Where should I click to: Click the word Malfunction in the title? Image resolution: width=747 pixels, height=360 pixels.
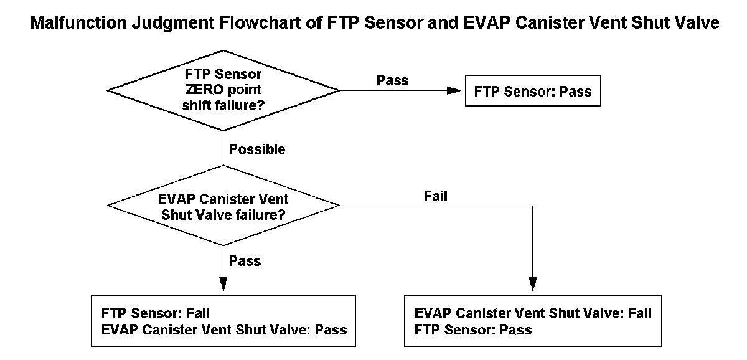point(78,22)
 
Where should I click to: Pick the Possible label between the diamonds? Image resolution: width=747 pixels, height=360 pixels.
point(257,149)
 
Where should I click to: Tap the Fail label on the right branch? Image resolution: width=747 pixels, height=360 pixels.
point(436,196)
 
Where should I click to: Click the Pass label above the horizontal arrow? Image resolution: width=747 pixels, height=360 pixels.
point(393,80)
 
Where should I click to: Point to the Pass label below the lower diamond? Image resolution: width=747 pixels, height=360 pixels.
point(245,261)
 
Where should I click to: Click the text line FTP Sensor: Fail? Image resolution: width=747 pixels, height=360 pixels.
point(156,313)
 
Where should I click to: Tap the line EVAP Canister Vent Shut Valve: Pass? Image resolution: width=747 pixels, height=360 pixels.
point(224,329)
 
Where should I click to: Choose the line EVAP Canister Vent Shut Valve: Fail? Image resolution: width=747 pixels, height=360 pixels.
point(533,313)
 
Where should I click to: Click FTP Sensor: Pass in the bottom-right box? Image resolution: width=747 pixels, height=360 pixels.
point(473,329)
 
